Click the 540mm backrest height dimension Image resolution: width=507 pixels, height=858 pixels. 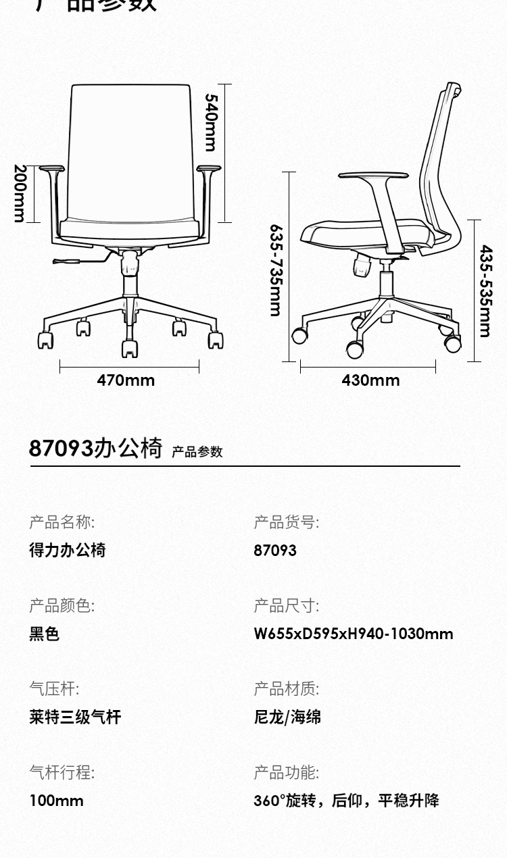[x=212, y=122]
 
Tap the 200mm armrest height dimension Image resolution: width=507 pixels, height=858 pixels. [x=20, y=193]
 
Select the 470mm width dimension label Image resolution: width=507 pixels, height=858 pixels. [x=126, y=380]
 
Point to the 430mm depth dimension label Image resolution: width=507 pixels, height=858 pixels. [x=370, y=380]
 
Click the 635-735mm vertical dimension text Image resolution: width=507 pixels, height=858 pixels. [x=275, y=270]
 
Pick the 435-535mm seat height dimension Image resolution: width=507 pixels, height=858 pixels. [x=485, y=291]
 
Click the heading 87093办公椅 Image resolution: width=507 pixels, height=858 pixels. [x=95, y=448]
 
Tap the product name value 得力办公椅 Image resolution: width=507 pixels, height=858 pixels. [x=68, y=550]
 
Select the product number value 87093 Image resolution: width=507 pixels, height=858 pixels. [x=275, y=551]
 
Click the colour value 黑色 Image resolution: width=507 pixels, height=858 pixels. [x=45, y=634]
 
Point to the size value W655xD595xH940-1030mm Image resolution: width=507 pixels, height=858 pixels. [x=354, y=634]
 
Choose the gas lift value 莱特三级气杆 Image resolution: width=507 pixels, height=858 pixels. [x=75, y=717]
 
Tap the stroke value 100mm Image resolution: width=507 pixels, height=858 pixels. [x=57, y=801]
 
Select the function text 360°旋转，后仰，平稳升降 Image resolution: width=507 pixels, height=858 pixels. [x=346, y=801]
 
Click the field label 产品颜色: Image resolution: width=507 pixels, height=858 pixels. [x=62, y=605]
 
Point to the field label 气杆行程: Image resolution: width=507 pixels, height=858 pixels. [x=62, y=772]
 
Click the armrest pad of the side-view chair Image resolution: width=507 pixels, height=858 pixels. [x=373, y=176]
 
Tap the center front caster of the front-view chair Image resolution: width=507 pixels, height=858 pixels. [x=129, y=348]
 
